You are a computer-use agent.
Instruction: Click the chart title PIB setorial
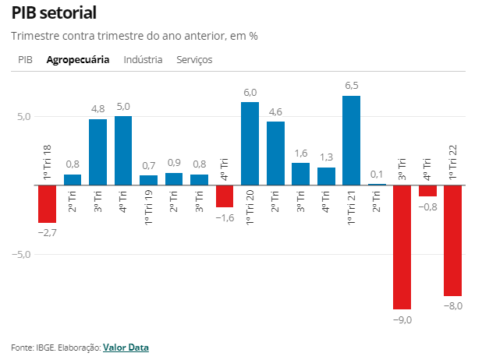pyautogui.click(x=54, y=12)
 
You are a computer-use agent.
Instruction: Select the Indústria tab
pyautogui.click(x=143, y=59)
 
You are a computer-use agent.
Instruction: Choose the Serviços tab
pyautogui.click(x=194, y=59)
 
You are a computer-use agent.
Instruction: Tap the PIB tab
pyautogui.click(x=26, y=59)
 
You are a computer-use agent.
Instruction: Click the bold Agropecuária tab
pyautogui.click(x=78, y=59)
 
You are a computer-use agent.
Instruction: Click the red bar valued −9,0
pyautogui.click(x=402, y=247)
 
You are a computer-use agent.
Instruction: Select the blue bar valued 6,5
pyautogui.click(x=351, y=140)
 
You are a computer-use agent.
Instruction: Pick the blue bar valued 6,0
pyautogui.click(x=250, y=143)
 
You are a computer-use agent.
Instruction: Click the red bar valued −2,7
pyautogui.click(x=48, y=204)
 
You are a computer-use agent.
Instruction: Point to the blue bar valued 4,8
pyautogui.click(x=97, y=152)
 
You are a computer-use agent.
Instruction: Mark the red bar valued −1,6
pyautogui.click(x=225, y=196)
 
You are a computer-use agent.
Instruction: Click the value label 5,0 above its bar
pyautogui.click(x=122, y=106)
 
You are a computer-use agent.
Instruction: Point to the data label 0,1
pyautogui.click(x=377, y=174)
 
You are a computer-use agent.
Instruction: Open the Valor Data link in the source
pyautogui.click(x=126, y=348)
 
